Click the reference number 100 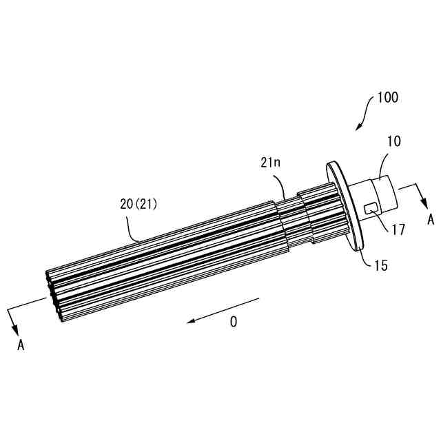[387, 98]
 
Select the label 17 [398, 227]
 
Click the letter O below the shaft [234, 322]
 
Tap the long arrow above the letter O [225, 309]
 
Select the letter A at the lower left [21, 345]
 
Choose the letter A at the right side [431, 220]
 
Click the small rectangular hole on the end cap [371, 207]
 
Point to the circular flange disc [344, 203]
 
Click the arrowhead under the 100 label [358, 127]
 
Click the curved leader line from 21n [282, 185]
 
